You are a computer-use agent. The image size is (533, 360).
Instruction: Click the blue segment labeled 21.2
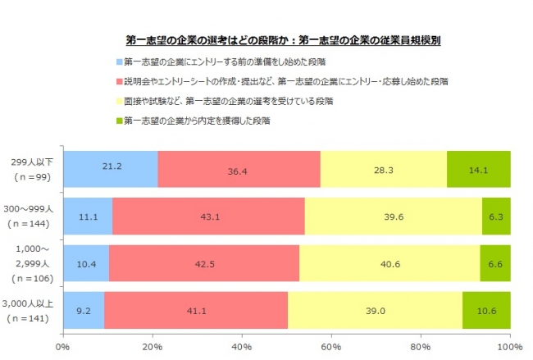110,168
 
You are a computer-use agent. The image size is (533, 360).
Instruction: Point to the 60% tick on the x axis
331,347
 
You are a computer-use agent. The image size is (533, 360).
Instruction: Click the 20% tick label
152,347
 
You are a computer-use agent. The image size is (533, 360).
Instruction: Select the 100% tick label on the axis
509,347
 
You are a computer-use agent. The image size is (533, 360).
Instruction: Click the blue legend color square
118,62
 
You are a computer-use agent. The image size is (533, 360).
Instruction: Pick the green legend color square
118,121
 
